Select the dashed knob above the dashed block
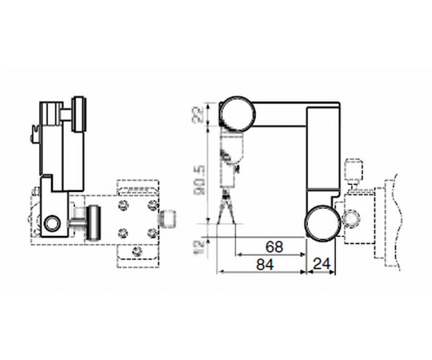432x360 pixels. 354,170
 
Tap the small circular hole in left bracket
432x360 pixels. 54,222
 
